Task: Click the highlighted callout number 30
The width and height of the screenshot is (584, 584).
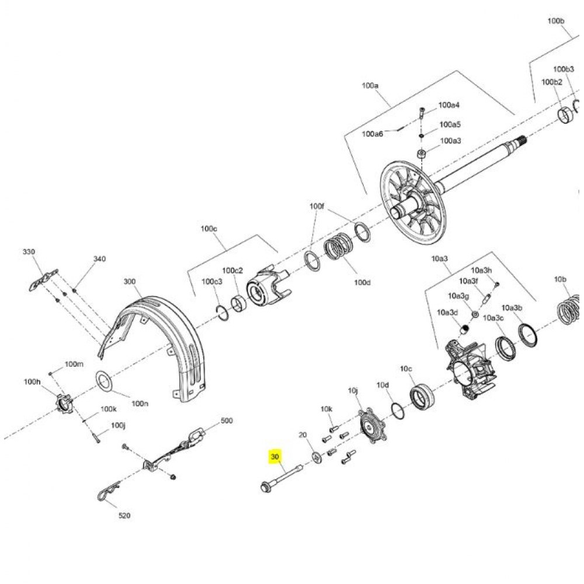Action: click(x=275, y=456)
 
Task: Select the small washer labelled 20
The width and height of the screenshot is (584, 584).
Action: click(x=317, y=457)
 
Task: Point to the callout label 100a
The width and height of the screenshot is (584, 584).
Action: click(x=370, y=85)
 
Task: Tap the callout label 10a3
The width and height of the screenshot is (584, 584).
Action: click(x=440, y=258)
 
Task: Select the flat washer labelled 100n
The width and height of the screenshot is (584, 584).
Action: click(x=105, y=381)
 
